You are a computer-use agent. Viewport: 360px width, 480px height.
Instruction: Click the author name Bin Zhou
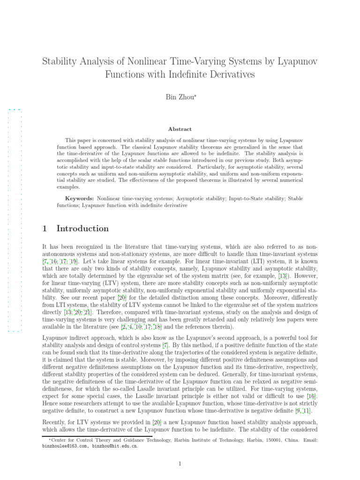(x=179, y=97)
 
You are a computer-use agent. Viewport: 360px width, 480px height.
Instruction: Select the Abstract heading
(x=180, y=129)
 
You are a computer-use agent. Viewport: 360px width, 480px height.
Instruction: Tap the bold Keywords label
(x=80, y=198)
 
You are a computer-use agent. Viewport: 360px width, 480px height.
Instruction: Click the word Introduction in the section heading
(x=82, y=229)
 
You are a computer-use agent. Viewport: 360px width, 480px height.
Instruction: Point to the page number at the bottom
(x=180, y=464)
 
